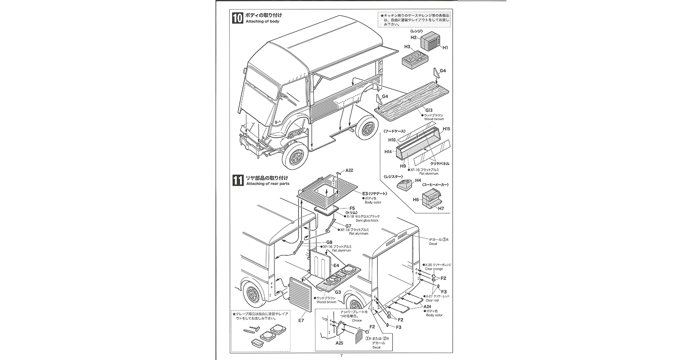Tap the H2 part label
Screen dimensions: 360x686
(x=414, y=38)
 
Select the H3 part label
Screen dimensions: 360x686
(x=407, y=47)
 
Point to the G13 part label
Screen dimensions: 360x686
(x=429, y=110)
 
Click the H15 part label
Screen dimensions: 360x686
(x=446, y=129)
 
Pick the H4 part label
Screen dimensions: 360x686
(x=418, y=180)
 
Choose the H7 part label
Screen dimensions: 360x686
(x=441, y=208)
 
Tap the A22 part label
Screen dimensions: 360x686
(x=349, y=170)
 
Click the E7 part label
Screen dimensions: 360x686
(x=301, y=321)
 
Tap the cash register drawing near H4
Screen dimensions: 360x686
(x=404, y=184)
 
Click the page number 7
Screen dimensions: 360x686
(x=341, y=355)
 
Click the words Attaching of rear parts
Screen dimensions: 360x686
(x=268, y=184)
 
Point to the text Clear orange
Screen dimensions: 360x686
(x=434, y=269)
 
